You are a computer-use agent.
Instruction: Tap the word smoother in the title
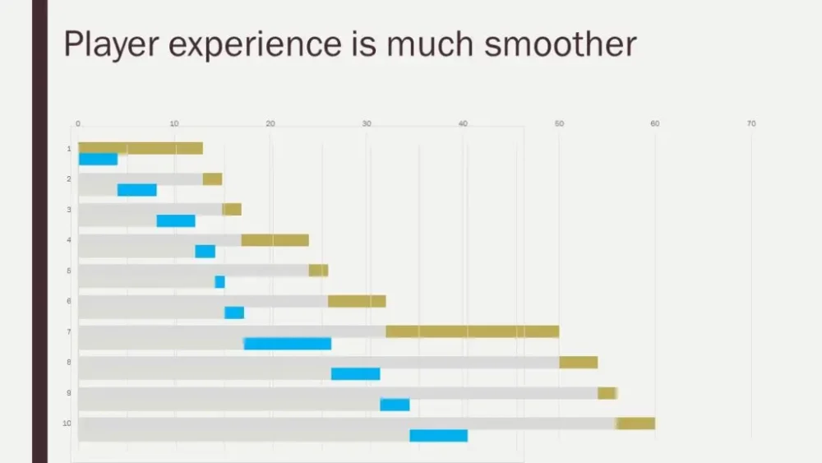[x=560, y=44]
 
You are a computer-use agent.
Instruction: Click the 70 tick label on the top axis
[x=751, y=124]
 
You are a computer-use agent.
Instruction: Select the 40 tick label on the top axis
[x=463, y=124]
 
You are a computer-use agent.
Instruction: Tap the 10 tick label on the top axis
[x=174, y=124]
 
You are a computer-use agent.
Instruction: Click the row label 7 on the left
[x=69, y=332]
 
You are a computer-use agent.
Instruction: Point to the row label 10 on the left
[x=67, y=424]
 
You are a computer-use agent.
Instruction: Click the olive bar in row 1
[x=141, y=148]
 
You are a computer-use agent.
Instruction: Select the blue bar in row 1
[x=99, y=160]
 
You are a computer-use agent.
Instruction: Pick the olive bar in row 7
[x=472, y=331]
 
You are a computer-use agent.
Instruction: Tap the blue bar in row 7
[x=288, y=344]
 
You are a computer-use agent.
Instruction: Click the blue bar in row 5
[x=219, y=282]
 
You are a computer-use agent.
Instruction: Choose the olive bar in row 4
[x=275, y=240]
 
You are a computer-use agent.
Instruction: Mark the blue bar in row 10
[x=438, y=436]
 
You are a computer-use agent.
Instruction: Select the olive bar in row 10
[x=635, y=424]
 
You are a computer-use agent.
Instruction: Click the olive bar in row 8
[x=578, y=363]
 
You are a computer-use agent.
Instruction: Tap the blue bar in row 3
[x=176, y=220]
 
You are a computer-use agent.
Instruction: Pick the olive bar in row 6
[x=357, y=301]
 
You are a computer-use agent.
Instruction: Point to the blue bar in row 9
[x=395, y=405]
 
